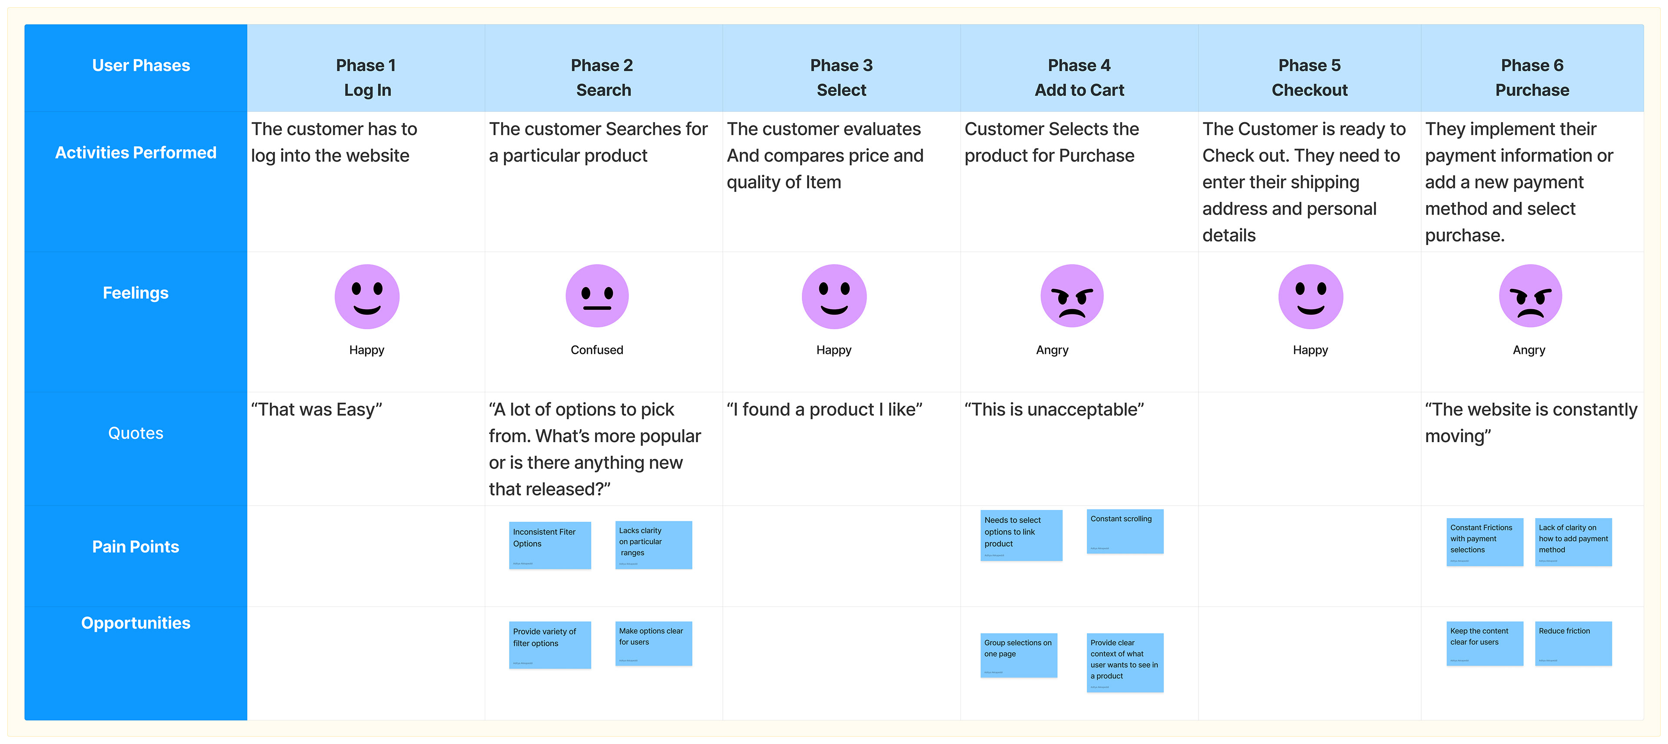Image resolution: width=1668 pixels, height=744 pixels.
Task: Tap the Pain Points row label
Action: pos(136,546)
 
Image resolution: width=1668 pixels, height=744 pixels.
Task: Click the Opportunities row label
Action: pos(136,623)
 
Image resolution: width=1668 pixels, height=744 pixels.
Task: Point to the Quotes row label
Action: pos(136,433)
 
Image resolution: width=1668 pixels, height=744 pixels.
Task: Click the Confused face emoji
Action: pos(596,296)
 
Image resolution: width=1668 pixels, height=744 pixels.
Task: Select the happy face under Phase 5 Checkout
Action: pos(1310,296)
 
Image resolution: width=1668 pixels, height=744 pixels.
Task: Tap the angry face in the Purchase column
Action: pos(1529,296)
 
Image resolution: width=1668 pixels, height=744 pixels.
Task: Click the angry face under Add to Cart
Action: pos(1072,296)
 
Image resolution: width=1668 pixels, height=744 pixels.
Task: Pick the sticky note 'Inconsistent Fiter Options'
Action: pos(550,545)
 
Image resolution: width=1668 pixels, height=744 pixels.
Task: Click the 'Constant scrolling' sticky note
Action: pos(1125,531)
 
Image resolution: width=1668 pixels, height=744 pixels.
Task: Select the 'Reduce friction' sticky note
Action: pos(1573,643)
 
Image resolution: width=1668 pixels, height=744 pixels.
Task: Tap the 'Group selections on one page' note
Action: pos(1019,655)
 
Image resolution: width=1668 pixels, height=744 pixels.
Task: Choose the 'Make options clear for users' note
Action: pos(653,643)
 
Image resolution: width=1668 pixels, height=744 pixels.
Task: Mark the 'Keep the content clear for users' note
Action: pos(1484,643)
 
